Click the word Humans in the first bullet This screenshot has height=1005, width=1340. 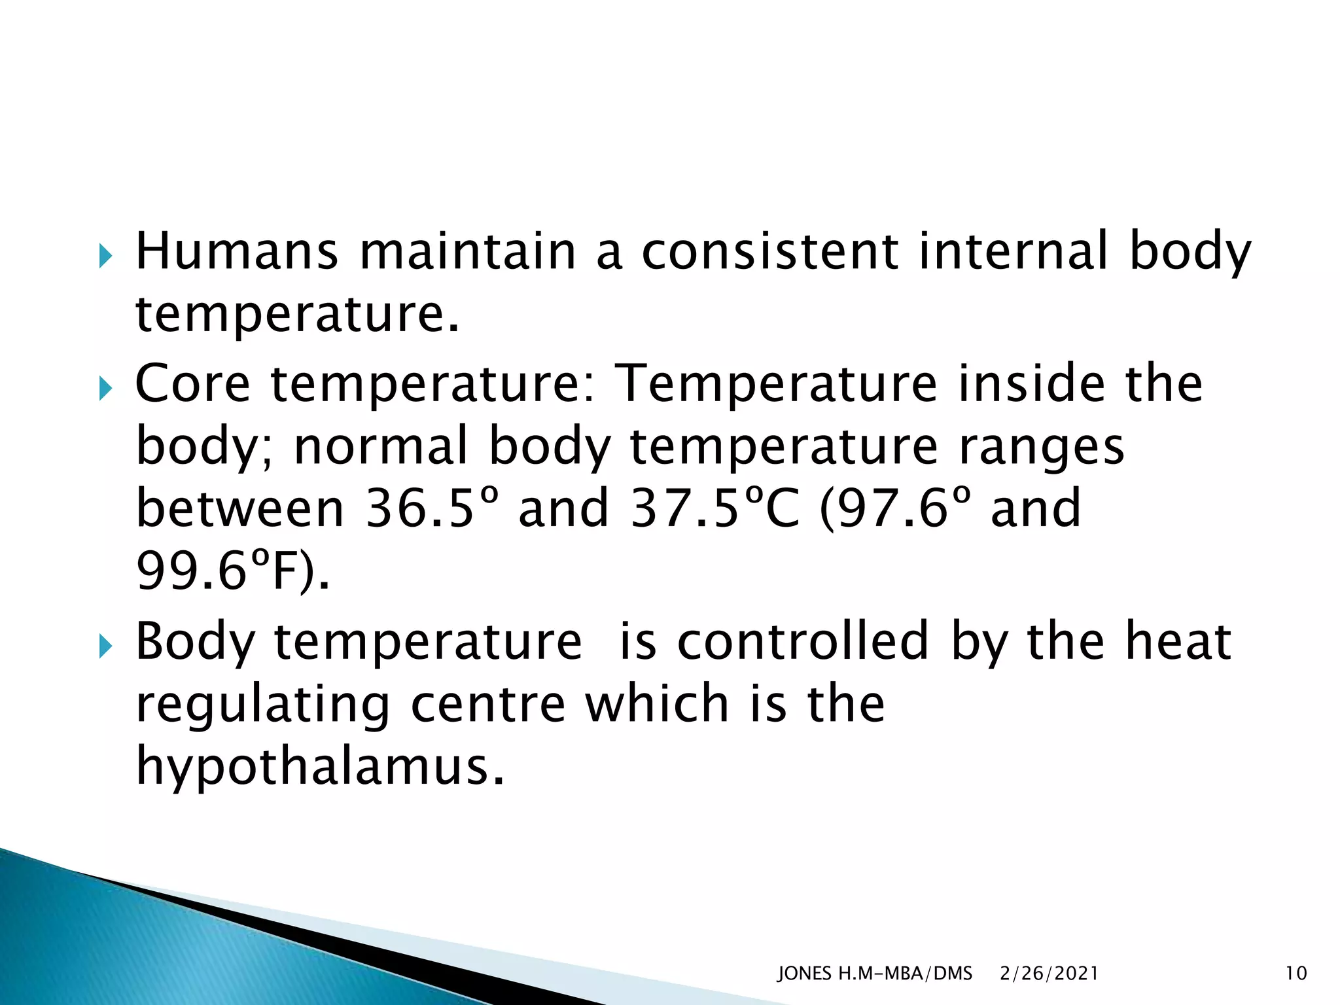pos(236,251)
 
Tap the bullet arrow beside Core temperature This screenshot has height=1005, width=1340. pos(105,389)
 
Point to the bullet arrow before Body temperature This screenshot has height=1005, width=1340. pos(105,647)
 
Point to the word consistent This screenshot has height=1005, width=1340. pos(769,251)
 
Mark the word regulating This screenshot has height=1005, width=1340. pos(262,705)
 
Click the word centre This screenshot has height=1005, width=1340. pos(487,704)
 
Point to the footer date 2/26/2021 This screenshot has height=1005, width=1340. pos(1049,974)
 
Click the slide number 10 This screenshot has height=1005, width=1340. pos(1296,974)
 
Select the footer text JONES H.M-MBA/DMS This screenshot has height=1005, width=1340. pos(874,974)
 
